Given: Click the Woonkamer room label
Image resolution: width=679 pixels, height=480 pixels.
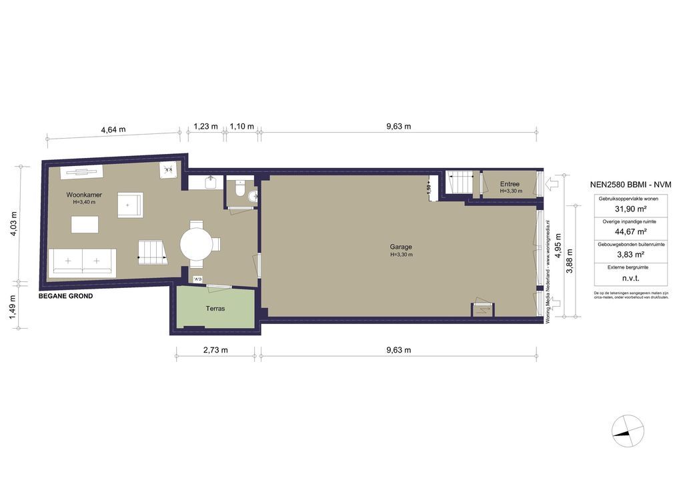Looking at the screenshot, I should click(83, 195).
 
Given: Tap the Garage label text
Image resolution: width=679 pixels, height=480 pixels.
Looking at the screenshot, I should click(401, 247).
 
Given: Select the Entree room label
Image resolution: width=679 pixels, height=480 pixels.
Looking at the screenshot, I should click(510, 183).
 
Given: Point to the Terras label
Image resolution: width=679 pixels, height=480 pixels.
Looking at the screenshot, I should click(215, 309).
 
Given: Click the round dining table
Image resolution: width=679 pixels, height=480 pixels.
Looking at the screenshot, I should click(197, 245).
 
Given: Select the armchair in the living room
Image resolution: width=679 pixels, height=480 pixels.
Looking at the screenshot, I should click(130, 205).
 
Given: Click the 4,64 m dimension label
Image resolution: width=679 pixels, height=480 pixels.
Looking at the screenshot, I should click(113, 130).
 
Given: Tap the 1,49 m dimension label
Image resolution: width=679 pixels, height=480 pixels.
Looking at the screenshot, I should click(13, 307).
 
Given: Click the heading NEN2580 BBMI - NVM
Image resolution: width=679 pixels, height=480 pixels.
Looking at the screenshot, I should click(630, 185).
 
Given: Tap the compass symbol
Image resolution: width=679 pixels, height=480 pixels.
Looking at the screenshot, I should click(628, 431).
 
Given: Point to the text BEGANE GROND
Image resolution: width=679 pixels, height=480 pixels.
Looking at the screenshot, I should click(65, 296).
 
